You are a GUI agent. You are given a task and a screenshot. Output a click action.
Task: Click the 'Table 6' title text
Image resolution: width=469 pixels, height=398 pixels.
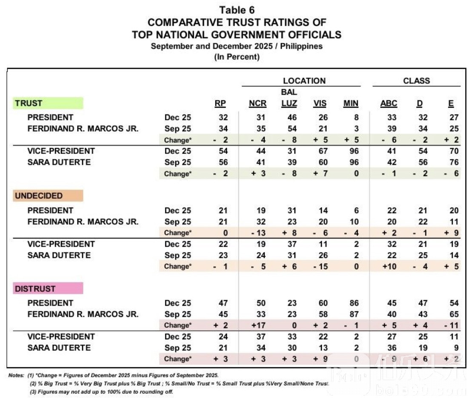[x=237, y=10]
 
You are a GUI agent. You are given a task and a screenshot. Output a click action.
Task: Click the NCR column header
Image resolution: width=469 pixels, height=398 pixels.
[x=257, y=103]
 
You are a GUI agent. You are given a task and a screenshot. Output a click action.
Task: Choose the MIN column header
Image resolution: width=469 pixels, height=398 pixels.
[x=351, y=103]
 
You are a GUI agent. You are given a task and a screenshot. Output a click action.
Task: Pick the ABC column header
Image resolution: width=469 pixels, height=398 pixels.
[x=389, y=103]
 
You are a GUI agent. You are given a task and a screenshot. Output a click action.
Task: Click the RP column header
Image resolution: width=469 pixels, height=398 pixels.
[x=220, y=103]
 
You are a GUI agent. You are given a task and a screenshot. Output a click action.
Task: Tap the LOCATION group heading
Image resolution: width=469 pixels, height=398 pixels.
[x=304, y=81]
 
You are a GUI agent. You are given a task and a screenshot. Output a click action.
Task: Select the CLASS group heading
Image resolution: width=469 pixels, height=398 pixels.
[x=417, y=81]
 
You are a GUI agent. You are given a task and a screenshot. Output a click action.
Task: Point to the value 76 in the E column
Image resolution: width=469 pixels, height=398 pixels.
[x=454, y=162]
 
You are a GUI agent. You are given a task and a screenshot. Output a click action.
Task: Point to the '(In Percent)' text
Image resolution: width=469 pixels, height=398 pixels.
[x=237, y=57]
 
